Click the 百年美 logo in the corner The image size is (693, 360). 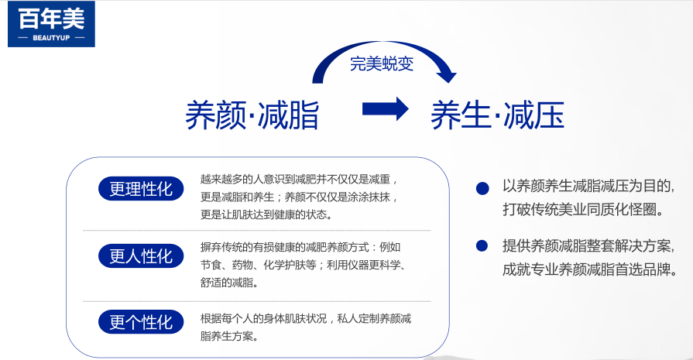[51, 24]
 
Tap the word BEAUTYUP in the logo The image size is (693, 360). [51, 38]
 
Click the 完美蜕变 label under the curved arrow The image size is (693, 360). [382, 63]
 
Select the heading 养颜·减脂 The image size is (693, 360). [252, 115]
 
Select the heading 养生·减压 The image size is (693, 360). [498, 115]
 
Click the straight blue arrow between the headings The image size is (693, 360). [386, 108]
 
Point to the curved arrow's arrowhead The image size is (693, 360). [446, 74]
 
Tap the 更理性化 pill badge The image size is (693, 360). [141, 189]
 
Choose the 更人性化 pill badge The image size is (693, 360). [141, 255]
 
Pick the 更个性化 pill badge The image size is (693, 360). [141, 322]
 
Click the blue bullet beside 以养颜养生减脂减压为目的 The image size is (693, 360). [482, 189]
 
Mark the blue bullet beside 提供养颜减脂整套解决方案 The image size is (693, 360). [482, 245]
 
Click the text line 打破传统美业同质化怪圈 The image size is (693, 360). [583, 209]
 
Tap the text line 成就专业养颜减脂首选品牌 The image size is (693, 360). [590, 269]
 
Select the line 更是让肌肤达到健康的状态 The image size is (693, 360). [266, 214]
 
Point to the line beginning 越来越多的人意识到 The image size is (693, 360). [299, 180]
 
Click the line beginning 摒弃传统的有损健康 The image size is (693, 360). [300, 247]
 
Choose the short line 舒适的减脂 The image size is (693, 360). [229, 283]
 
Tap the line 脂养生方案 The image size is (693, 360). [229, 336]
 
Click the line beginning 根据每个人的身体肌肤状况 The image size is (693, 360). [306, 318]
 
